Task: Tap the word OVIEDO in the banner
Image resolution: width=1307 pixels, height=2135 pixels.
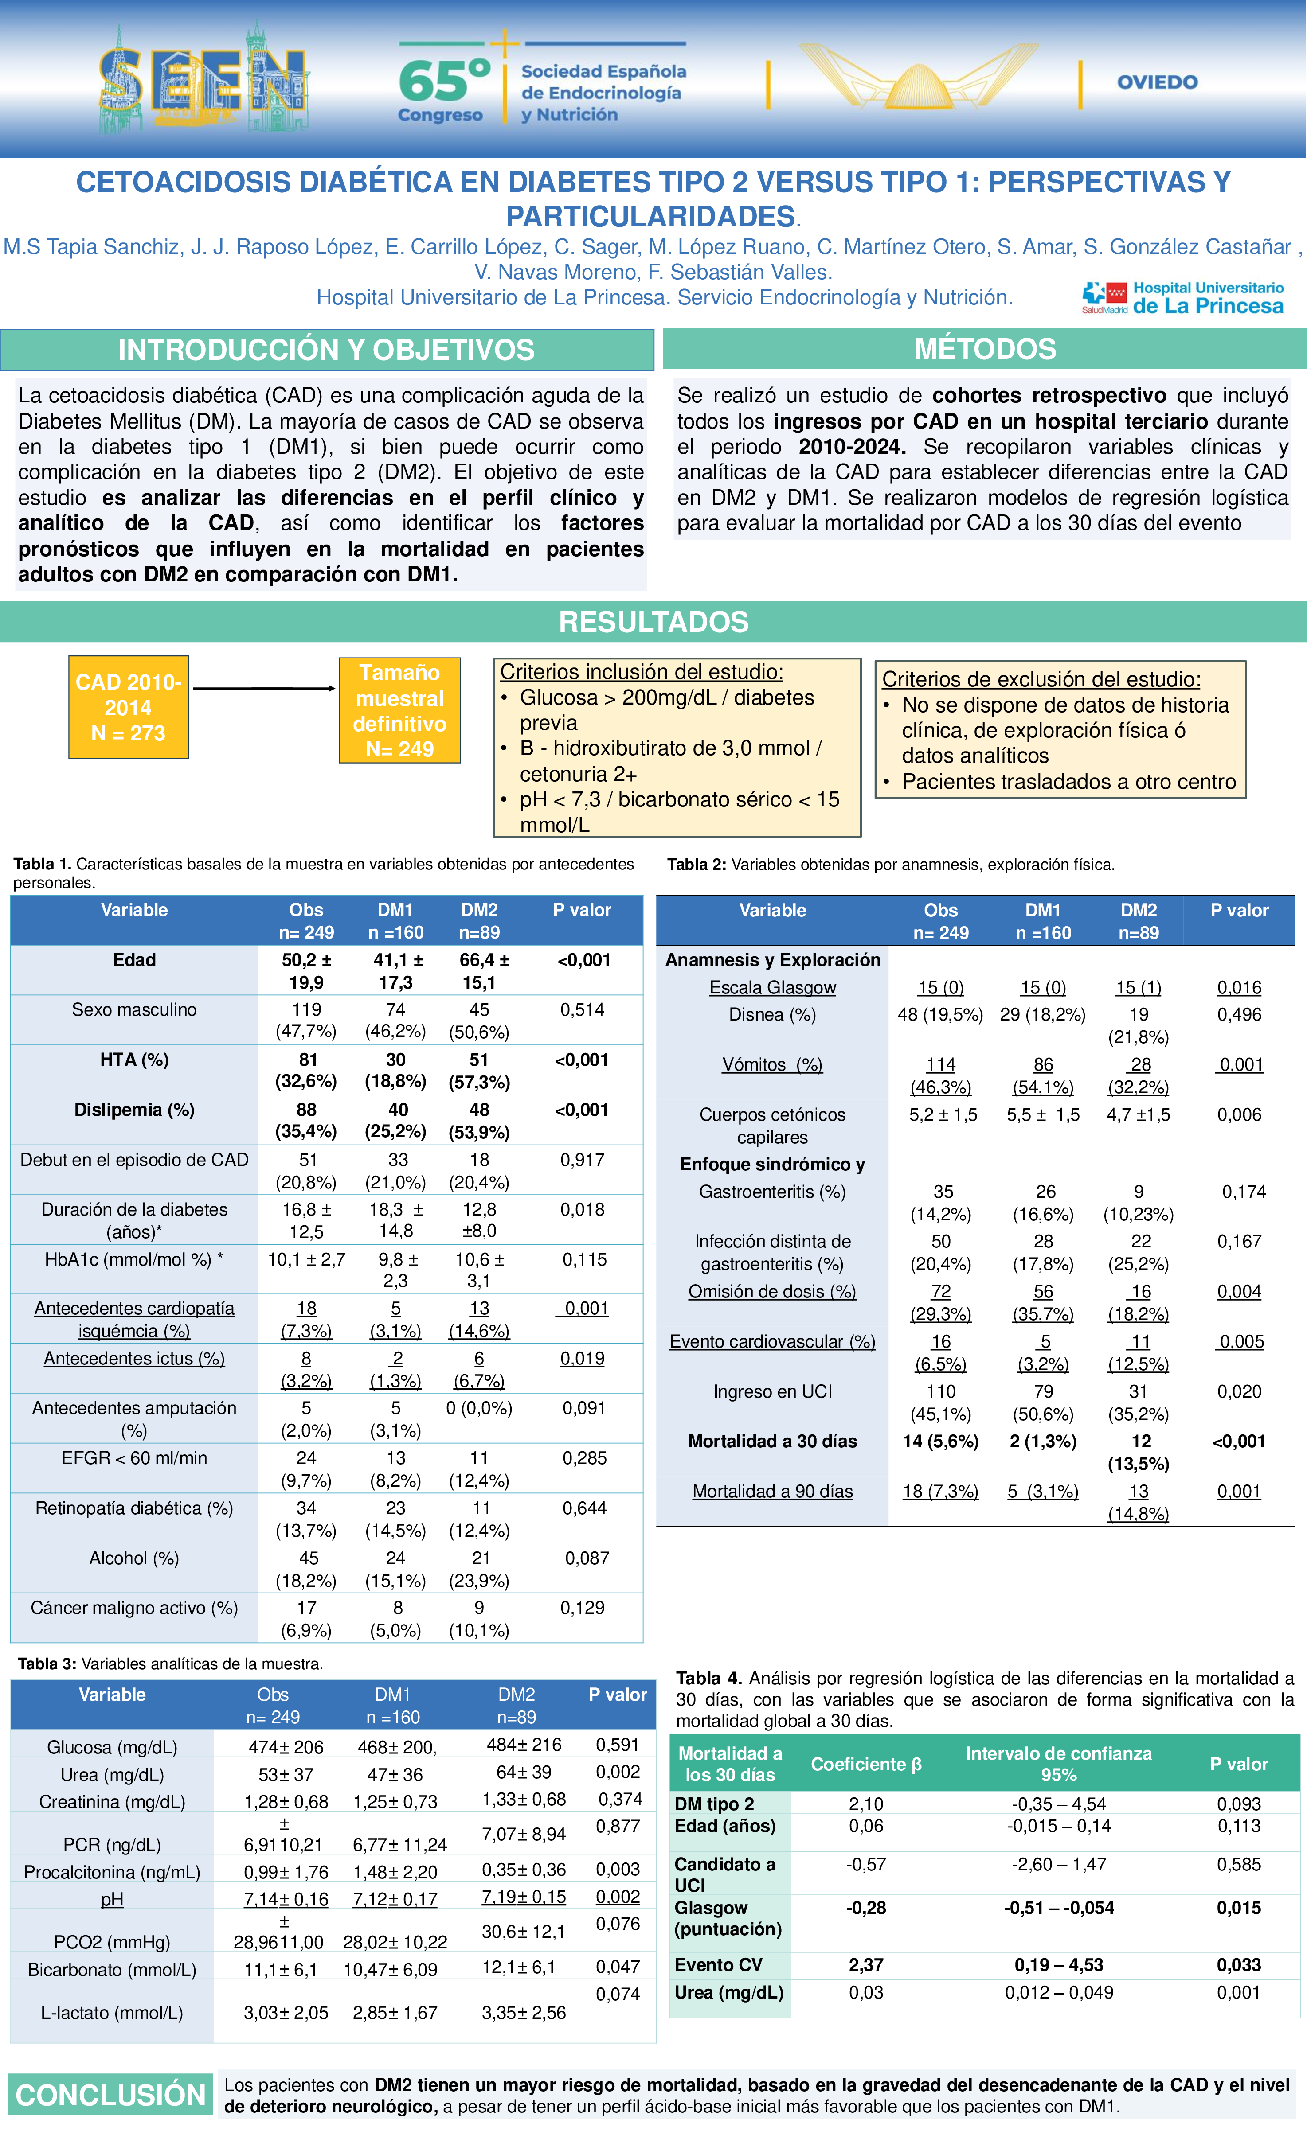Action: (x=1157, y=82)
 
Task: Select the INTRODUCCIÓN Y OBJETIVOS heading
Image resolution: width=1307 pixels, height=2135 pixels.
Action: (x=327, y=350)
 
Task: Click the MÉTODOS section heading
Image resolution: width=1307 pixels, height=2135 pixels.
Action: (x=985, y=349)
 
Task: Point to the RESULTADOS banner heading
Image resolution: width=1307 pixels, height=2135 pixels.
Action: (x=653, y=621)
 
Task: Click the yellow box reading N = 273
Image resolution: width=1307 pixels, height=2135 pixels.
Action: (x=128, y=707)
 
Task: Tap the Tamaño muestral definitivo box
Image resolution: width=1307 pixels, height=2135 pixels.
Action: (x=399, y=710)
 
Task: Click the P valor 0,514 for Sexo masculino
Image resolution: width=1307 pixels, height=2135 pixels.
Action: (x=583, y=1009)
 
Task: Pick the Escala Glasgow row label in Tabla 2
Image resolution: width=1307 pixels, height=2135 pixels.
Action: (x=772, y=988)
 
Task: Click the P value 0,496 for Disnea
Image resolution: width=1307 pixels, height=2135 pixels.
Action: (x=1240, y=1015)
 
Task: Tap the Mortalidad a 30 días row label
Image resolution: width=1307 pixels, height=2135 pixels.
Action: (x=772, y=1441)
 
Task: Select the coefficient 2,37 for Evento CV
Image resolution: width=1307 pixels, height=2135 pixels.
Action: (x=866, y=1965)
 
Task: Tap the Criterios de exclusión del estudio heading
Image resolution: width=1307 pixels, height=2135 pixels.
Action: (x=1041, y=679)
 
